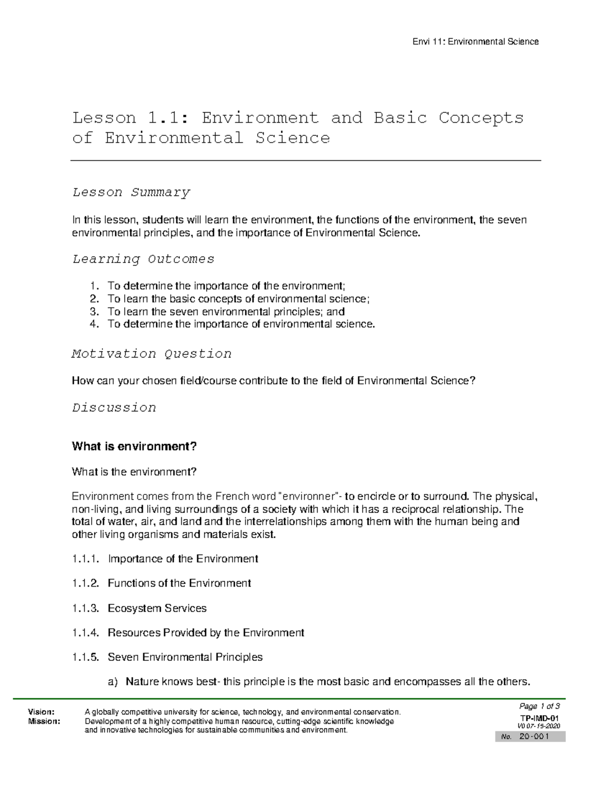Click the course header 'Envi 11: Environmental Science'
pos(475,42)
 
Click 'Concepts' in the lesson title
pos(481,118)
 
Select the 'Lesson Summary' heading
pos(131,192)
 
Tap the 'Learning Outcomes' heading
pos(143,259)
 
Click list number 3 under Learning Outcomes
pos(93,312)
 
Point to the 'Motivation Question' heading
pos(152,354)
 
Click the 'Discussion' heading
pos(114,407)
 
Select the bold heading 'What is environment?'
pos(134,447)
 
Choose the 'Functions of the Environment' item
pos(179,583)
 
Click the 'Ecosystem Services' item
pos(157,608)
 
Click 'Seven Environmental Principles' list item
pos(185,657)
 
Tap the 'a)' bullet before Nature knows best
pos(113,682)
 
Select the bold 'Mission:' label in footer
pos(44,721)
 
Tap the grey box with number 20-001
pos(530,737)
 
